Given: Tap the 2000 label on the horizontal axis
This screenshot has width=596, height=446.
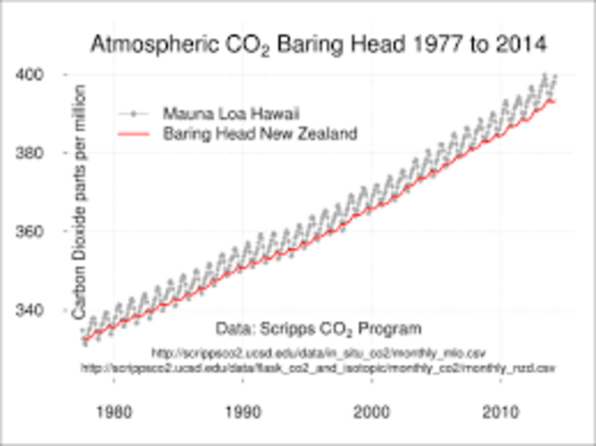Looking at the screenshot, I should pos(373,411).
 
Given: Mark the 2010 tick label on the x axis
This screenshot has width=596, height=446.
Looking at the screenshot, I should pos(503,411).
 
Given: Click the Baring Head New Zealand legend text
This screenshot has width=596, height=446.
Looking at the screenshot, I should pos(260,134).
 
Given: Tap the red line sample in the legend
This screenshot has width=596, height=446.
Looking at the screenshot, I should pos(136,134).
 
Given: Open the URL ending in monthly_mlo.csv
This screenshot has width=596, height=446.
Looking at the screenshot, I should pos(318,353).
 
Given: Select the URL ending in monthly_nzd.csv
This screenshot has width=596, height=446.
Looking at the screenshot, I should pos(318,368).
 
